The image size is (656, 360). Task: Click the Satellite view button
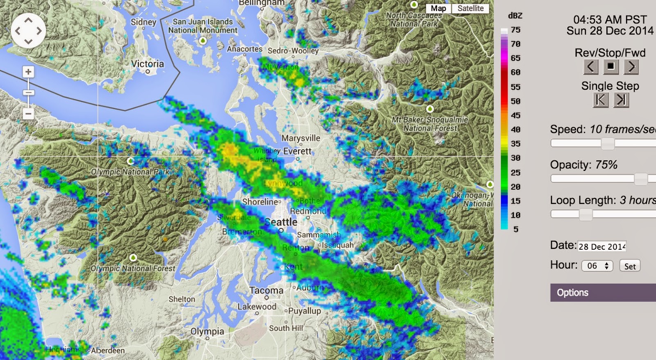pos(470,8)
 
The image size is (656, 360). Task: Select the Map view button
pos(438,8)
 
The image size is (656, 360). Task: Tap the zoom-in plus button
pos(28,72)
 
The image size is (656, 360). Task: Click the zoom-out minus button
pos(28,114)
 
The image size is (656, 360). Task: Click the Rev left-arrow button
pos(590,67)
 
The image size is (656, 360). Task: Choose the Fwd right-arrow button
pos(631,67)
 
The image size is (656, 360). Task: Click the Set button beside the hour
pos(630,266)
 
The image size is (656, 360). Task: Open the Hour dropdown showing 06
pos(597,266)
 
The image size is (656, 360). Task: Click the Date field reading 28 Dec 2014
pos(602,246)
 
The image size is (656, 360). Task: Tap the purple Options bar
pos(603,293)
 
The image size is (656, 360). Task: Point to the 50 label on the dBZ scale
pos(515,101)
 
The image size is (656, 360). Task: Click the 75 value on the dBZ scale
pos(515,30)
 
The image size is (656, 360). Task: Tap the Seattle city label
pos(281,222)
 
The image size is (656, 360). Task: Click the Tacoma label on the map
pos(266,290)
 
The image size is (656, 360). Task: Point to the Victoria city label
pos(147,64)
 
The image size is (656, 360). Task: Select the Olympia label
pos(207,331)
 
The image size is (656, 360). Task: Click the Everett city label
pos(297,151)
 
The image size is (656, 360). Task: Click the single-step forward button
pos(621,100)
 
